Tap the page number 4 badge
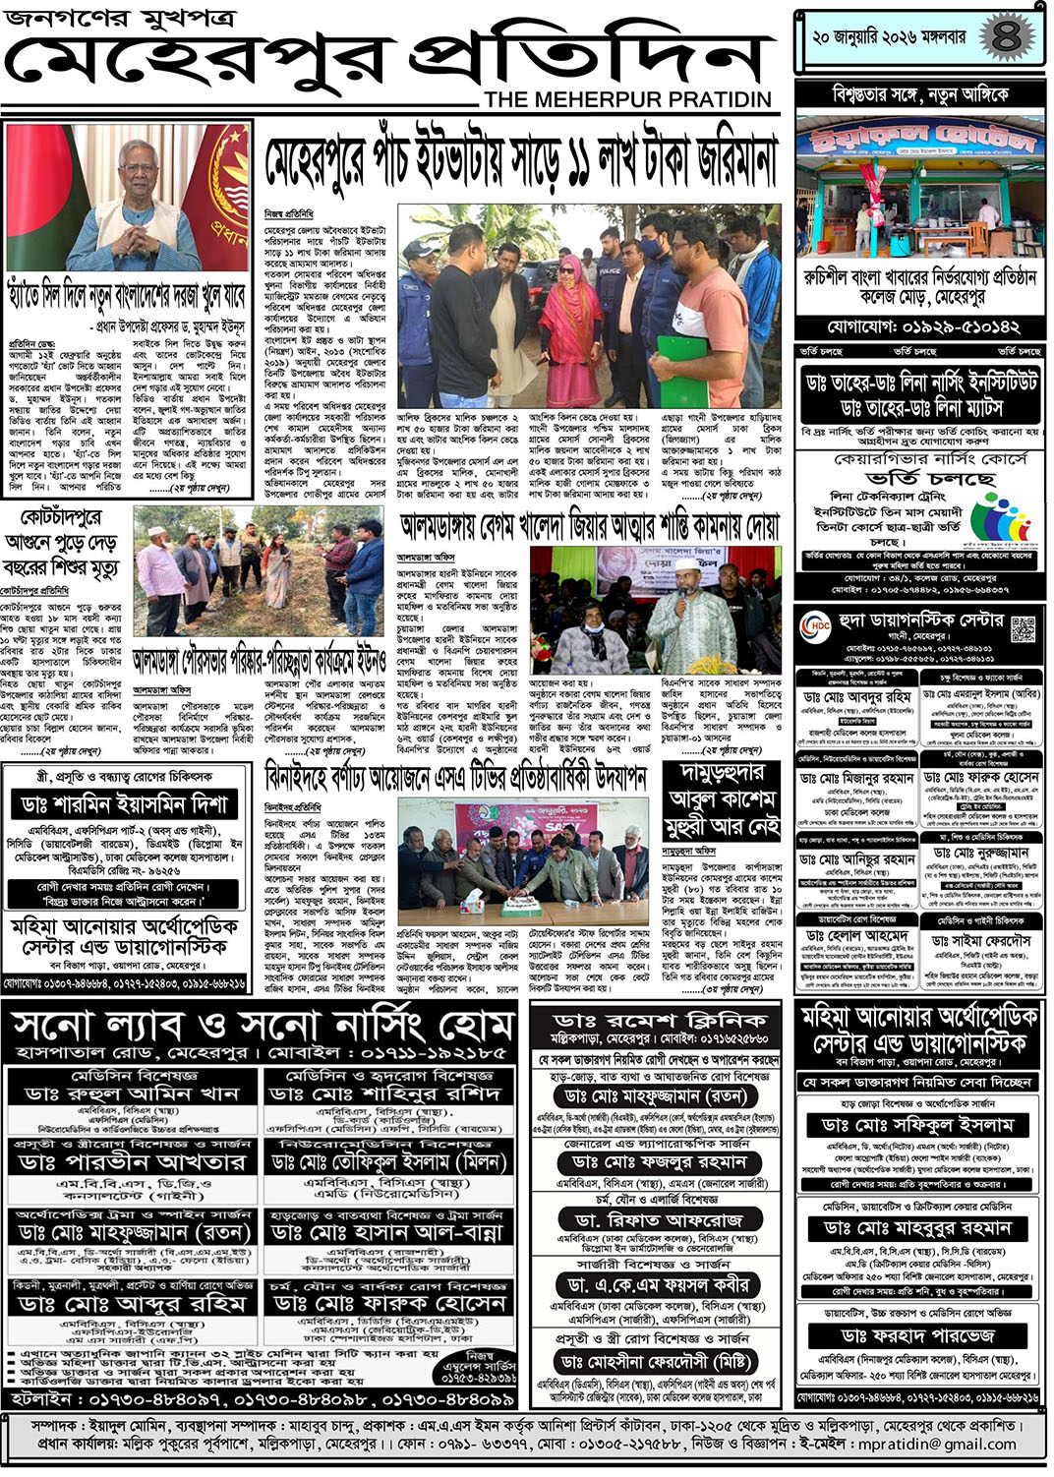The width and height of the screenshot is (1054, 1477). (x=1006, y=38)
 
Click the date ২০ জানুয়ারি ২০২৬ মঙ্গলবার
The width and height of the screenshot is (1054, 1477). (x=889, y=38)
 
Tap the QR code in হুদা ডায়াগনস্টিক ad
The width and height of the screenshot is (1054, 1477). (x=1023, y=627)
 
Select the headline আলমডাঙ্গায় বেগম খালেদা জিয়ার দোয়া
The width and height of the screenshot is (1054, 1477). (x=590, y=527)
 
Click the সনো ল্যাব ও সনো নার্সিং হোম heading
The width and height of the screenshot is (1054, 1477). (x=261, y=1028)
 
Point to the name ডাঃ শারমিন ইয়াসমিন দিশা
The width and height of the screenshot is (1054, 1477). (x=124, y=803)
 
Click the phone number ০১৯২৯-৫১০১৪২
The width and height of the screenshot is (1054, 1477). (x=922, y=326)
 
